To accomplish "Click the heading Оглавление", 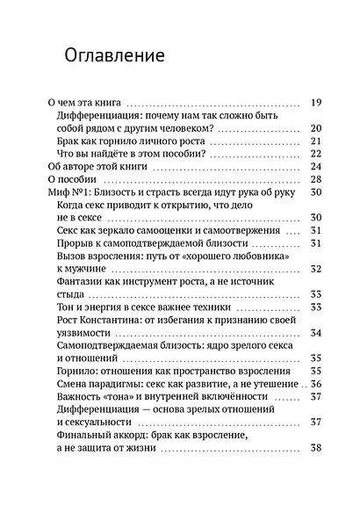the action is [115, 57].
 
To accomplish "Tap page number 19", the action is [317, 102].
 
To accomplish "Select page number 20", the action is [317, 128].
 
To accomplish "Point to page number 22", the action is [317, 154].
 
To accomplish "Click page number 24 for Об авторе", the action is [317, 167].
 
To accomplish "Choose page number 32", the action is [317, 269].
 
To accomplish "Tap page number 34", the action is [317, 333].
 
